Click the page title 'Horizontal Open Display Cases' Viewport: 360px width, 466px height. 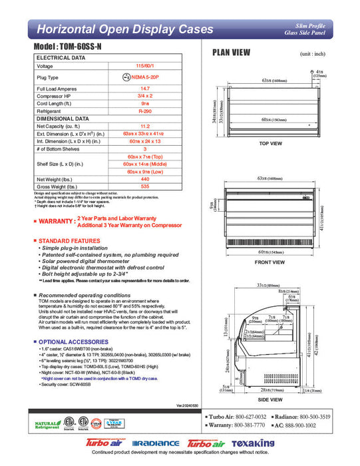pos(124,29)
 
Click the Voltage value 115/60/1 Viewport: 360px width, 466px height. pos(140,67)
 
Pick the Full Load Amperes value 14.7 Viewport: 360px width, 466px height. pos(140,89)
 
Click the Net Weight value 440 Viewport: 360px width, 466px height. pos(140,179)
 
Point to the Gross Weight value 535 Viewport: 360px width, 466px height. pos(140,186)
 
